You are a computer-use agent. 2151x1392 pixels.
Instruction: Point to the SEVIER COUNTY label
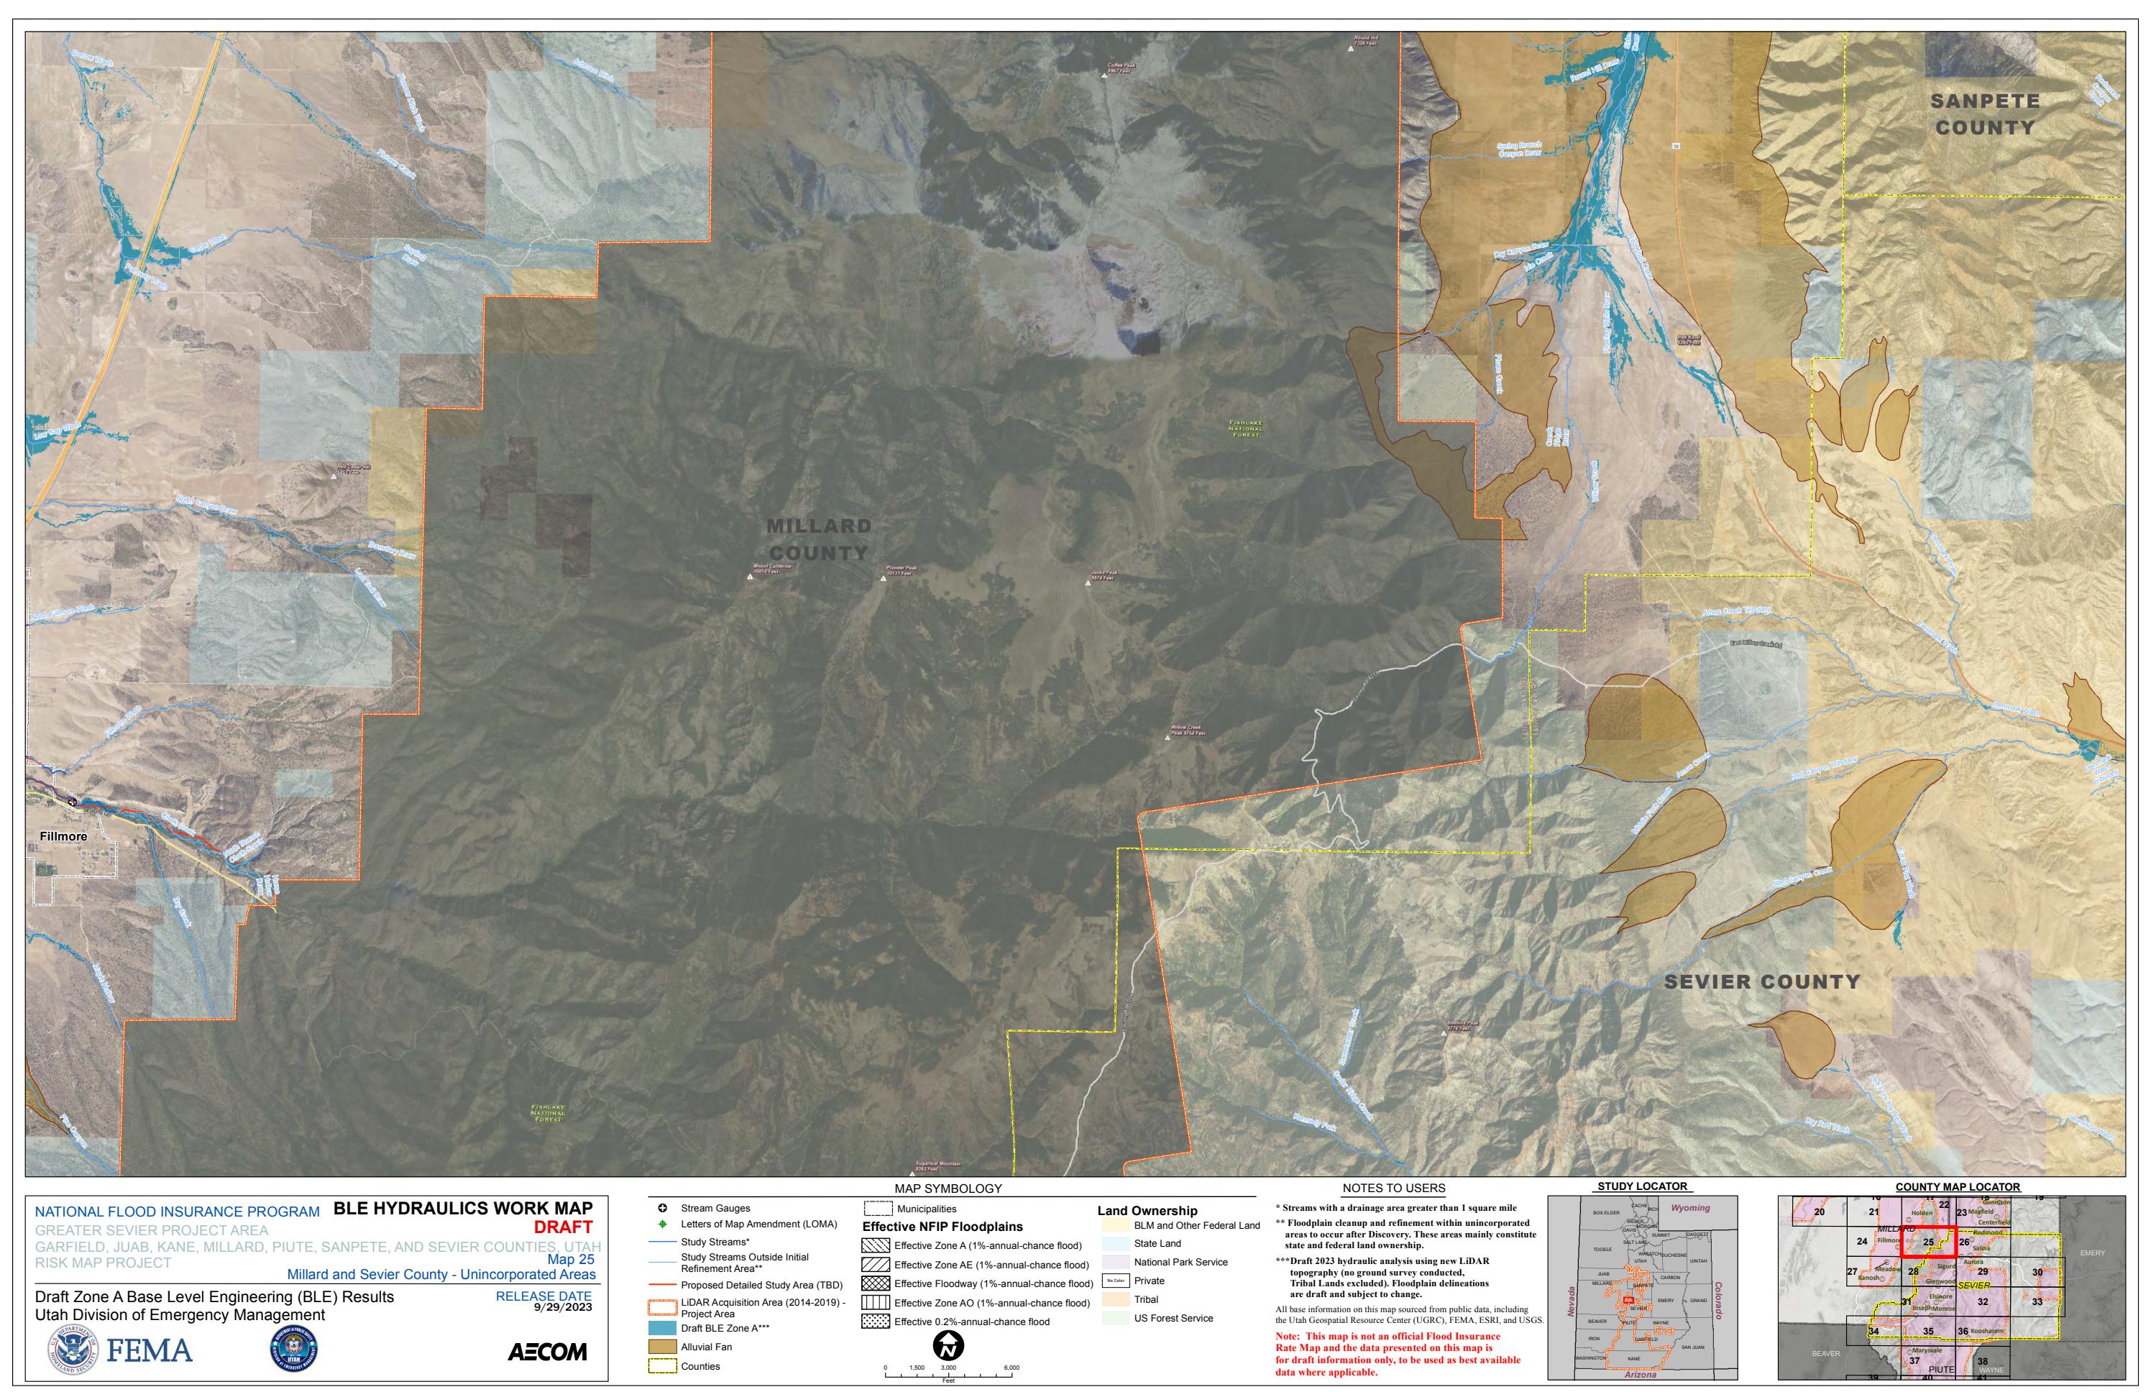1761,981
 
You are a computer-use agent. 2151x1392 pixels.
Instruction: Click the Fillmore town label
63,836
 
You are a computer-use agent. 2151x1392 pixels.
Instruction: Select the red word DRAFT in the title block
563,1227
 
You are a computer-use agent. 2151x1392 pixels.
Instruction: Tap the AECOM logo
547,1352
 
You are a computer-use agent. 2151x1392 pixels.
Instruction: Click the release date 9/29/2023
562,1307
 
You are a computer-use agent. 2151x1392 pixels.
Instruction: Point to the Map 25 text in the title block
572,1259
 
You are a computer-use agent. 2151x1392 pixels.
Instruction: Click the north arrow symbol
948,1347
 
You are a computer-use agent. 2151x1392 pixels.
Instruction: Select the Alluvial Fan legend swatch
662,1347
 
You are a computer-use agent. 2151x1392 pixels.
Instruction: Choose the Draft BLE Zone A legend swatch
662,1328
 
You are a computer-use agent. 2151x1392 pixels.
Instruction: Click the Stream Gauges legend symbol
662,1208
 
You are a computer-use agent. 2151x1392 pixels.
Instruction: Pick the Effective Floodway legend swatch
876,1283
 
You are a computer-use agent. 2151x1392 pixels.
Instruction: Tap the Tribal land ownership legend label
1146,1300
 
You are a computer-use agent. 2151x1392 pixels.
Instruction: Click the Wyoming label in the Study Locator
1690,1208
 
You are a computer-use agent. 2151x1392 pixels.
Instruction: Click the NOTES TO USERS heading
1394,1189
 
